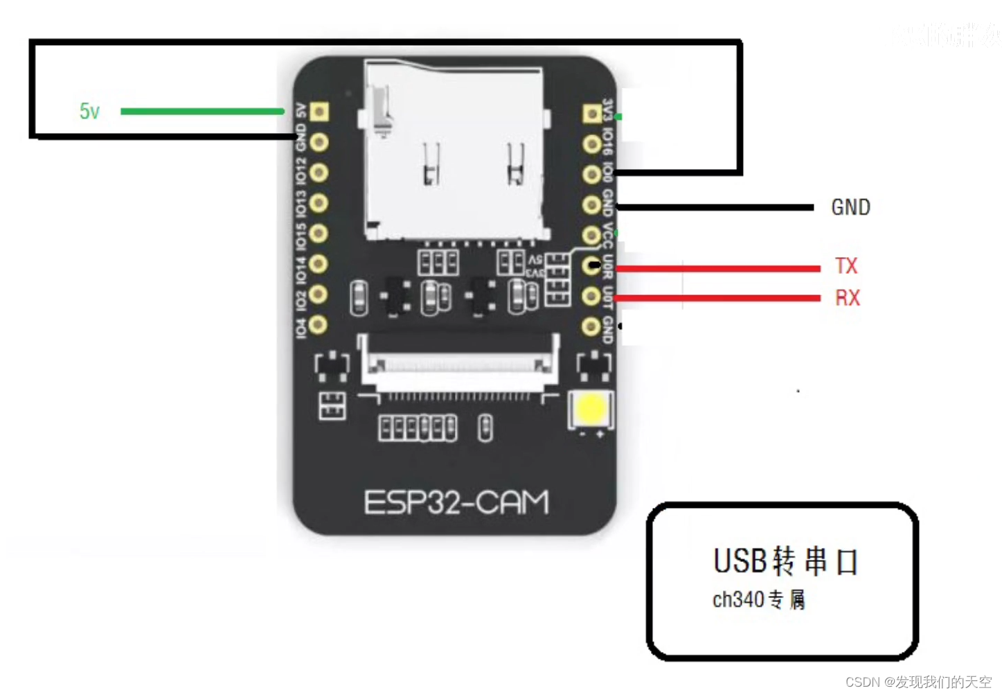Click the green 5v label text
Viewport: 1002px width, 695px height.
89,111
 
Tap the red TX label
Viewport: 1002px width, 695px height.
846,266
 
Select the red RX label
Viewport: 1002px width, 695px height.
847,298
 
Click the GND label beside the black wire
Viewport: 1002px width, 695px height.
850,207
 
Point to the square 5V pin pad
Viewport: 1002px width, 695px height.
319,112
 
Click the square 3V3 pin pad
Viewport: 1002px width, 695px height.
592,114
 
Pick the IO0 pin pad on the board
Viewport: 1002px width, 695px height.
591,174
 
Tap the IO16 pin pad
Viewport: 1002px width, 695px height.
591,144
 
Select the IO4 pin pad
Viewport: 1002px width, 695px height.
318,324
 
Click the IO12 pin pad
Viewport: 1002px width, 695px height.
319,173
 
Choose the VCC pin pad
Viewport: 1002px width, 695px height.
591,236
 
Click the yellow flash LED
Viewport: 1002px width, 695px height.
591,410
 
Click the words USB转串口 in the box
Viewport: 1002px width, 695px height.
786,561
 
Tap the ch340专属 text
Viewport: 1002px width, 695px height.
758,599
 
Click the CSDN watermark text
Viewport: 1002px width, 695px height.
918,682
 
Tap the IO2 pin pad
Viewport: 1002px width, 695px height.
318,294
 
